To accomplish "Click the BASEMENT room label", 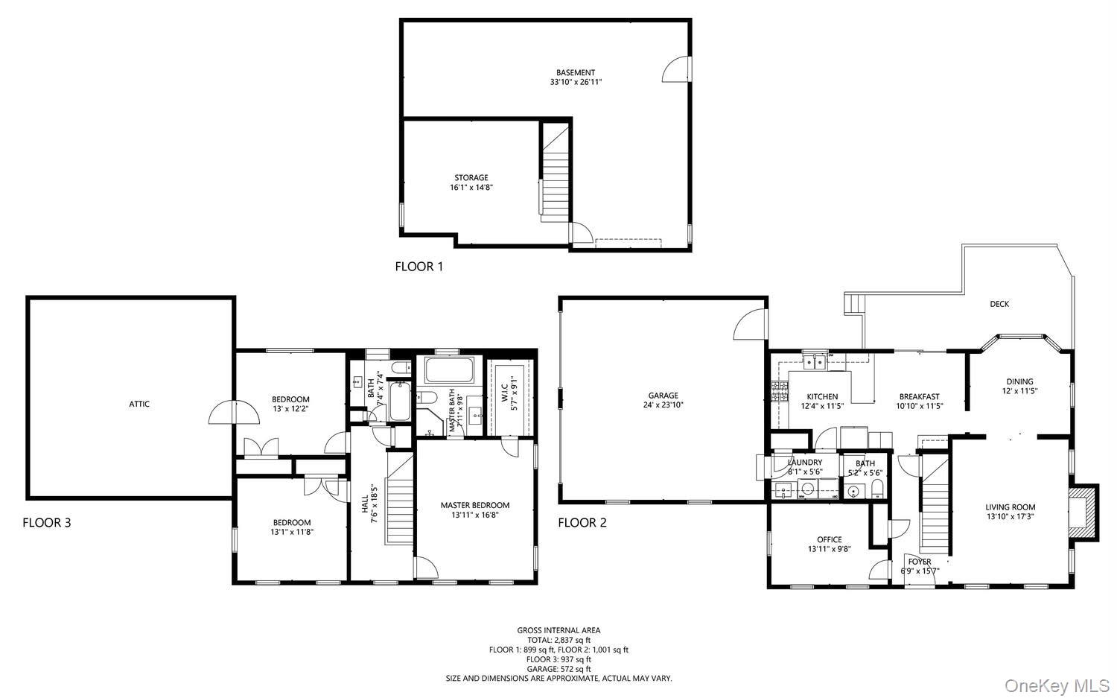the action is pyautogui.click(x=576, y=73).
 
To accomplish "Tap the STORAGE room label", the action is pyautogui.click(x=471, y=177).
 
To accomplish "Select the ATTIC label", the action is pyautogui.click(x=139, y=404).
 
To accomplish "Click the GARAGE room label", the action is pyautogui.click(x=663, y=396).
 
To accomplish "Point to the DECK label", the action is pyautogui.click(x=999, y=304).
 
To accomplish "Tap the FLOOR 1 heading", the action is pyautogui.click(x=419, y=267).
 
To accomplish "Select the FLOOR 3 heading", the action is pyautogui.click(x=47, y=522).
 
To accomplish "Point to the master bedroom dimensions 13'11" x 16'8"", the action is pyautogui.click(x=475, y=515).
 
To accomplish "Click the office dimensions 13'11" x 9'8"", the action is pyautogui.click(x=830, y=549).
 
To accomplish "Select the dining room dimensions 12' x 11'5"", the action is pyautogui.click(x=1019, y=391).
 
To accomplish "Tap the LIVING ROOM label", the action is pyautogui.click(x=1011, y=507).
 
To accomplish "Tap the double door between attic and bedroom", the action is pyautogui.click(x=235, y=412).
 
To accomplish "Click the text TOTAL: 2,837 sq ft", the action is pyautogui.click(x=558, y=640).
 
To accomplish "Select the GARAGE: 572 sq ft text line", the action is pyautogui.click(x=558, y=668).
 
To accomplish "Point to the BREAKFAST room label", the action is pyautogui.click(x=919, y=396).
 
